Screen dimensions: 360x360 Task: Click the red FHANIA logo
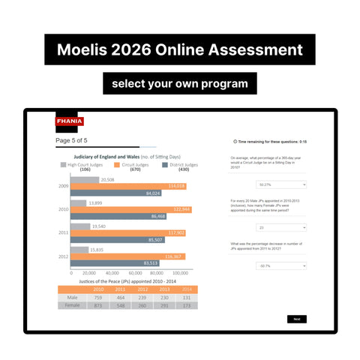point(70,121)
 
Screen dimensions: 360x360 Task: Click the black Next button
point(296,319)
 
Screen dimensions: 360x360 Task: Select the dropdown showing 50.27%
point(282,184)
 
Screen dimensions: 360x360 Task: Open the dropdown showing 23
point(282,228)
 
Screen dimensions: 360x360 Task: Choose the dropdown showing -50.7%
point(282,265)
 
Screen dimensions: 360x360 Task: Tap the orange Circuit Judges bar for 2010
point(131,209)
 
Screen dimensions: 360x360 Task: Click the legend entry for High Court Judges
point(85,165)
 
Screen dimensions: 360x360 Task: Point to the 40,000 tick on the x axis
point(112,273)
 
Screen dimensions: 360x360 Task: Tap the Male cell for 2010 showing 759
point(98,298)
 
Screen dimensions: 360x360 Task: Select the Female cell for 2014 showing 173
point(186,306)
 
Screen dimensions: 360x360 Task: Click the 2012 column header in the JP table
point(142,289)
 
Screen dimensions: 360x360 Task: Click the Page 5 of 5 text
point(71,140)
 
